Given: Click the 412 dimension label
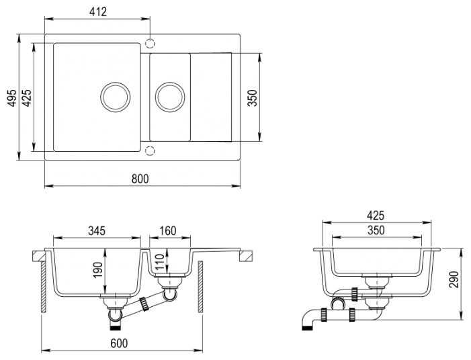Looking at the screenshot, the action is click(98, 11).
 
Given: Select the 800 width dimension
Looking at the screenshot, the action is click(140, 179).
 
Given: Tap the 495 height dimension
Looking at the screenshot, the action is click(11, 97).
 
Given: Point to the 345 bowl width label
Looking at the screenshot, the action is click(97, 231).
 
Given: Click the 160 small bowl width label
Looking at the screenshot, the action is click(167, 231).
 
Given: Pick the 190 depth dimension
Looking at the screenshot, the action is click(98, 270).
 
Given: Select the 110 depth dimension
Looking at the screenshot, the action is click(159, 262).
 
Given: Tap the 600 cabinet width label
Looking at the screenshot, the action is click(119, 343).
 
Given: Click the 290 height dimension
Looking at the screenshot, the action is click(454, 279).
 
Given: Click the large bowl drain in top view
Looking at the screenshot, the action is click(116, 97).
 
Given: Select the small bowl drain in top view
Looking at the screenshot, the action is click(170, 97).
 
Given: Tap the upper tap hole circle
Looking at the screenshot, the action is click(150, 44).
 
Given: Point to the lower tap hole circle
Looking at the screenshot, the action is click(150, 150).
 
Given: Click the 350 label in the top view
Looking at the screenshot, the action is click(253, 98).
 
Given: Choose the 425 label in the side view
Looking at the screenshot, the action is click(376, 216).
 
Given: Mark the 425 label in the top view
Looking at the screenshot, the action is click(27, 98).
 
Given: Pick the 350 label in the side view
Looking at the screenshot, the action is click(376, 230).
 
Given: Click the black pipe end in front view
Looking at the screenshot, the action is click(116, 327).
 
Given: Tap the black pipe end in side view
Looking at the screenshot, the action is click(307, 328).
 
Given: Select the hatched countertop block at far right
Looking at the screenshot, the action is click(246, 256).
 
